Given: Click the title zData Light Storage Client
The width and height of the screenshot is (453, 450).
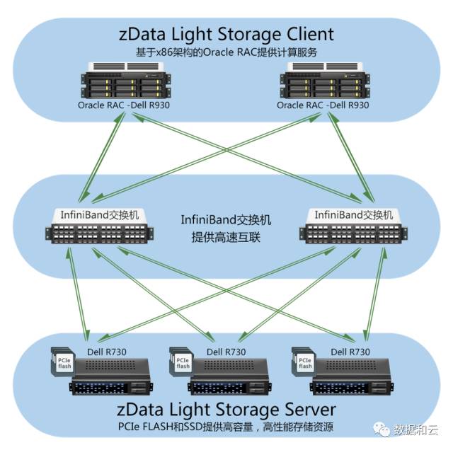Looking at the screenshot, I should pos(226,34).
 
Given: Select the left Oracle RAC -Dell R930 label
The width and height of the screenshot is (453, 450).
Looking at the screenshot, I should pos(125,105).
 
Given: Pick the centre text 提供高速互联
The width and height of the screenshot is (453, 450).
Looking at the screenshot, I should pos(226,237).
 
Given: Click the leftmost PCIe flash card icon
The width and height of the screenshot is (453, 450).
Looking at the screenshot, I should pos(62,362).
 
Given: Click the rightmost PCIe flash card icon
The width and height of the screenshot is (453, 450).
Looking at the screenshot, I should pos(305,362).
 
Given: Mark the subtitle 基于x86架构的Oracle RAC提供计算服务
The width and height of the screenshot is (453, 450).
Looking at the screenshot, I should pos(226,53).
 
